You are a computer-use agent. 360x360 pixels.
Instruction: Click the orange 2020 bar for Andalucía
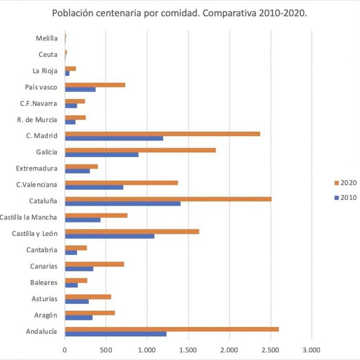(x=172, y=329)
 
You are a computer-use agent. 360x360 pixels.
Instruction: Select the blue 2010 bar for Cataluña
(x=122, y=203)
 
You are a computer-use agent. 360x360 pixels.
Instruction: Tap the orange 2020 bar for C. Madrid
(x=162, y=133)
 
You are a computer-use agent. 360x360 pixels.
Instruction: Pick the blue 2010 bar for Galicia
(x=101, y=155)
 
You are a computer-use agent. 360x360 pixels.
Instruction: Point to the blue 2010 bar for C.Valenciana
(x=94, y=187)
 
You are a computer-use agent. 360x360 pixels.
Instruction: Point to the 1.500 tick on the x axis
(x=188, y=350)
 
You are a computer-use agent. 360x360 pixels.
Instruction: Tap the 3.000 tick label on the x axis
(x=312, y=350)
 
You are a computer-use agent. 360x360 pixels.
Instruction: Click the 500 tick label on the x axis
(x=106, y=350)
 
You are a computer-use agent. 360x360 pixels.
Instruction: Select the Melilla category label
(x=46, y=38)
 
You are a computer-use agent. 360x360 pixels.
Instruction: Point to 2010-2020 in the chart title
(x=280, y=13)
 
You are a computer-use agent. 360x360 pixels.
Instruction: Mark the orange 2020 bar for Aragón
(x=90, y=313)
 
